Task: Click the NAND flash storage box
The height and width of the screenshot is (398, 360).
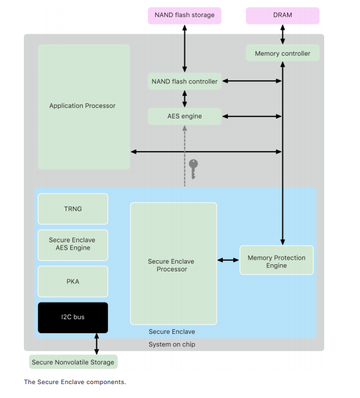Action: [184, 15]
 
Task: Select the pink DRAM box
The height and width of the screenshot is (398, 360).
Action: [282, 15]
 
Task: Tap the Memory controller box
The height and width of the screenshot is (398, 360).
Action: [282, 53]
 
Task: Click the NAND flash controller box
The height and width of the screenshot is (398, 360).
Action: [184, 81]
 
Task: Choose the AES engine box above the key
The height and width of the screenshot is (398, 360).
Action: [184, 117]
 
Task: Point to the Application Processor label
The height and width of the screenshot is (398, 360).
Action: [82, 106]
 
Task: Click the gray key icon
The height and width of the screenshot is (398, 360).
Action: [194, 169]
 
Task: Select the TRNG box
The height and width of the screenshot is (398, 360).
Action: [73, 209]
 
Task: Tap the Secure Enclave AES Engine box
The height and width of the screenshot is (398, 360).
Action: [73, 245]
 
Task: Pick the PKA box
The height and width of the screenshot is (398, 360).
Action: [73, 281]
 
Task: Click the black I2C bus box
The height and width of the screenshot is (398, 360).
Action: [73, 317]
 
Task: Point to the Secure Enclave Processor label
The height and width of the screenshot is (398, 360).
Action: [172, 266]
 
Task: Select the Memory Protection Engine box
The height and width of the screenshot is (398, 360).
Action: [276, 260]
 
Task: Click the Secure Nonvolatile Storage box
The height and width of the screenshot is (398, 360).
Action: [73, 362]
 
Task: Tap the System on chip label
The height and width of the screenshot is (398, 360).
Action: [172, 344]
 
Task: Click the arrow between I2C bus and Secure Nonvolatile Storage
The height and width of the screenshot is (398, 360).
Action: [97, 344]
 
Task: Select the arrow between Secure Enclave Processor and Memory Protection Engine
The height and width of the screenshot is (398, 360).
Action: [228, 260]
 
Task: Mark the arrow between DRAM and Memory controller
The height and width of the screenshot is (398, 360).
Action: [282, 34]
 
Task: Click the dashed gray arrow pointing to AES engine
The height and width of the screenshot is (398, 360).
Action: [185, 156]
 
